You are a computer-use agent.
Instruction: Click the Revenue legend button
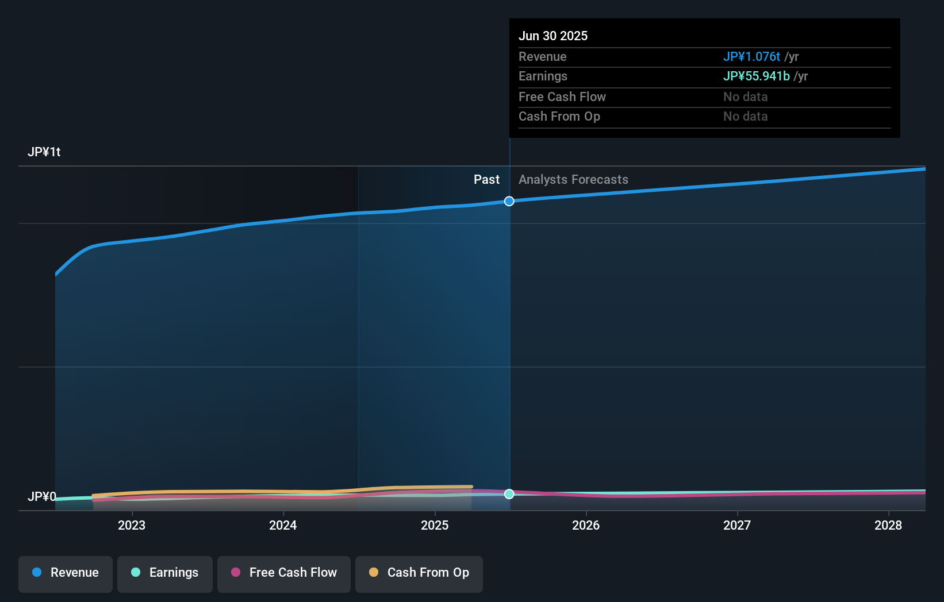[66, 573]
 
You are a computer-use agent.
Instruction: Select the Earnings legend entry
[165, 573]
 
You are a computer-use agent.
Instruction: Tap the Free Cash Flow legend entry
[284, 573]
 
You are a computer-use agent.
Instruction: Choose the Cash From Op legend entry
[419, 573]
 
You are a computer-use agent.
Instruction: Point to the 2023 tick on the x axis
[132, 525]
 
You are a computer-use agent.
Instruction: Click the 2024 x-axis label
[283, 525]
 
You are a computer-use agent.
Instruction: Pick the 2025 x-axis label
[435, 525]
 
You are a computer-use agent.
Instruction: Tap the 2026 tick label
[586, 525]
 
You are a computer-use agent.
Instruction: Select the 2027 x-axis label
[737, 525]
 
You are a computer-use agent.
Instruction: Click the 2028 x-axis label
[888, 525]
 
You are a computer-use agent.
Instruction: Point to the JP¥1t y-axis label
[44, 152]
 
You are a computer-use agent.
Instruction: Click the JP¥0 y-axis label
[42, 496]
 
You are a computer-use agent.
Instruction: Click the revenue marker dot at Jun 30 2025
[509, 201]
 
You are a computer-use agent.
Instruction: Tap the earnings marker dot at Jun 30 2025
[509, 494]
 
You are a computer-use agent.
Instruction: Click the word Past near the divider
[486, 180]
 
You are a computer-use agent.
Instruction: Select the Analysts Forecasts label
[573, 180]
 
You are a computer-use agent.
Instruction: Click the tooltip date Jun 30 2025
[553, 36]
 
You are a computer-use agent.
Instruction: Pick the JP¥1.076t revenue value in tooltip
[751, 57]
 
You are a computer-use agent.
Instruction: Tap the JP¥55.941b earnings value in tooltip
[756, 76]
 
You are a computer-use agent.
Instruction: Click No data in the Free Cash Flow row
[745, 97]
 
